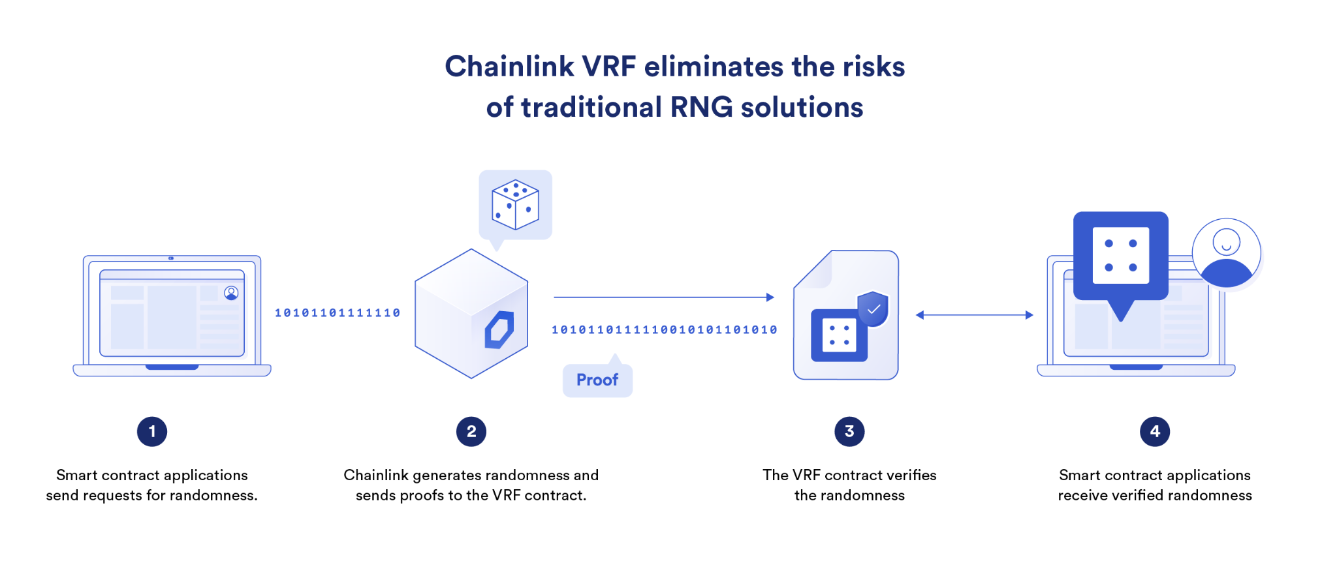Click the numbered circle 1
[152, 432]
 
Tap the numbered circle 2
[471, 432]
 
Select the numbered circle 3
[849, 432]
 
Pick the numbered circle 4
[1155, 432]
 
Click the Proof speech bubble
[597, 380]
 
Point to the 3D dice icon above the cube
[515, 205]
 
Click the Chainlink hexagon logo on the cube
[499, 329]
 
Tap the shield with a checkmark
[873, 309]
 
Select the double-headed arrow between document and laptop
[974, 315]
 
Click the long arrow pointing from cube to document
[663, 297]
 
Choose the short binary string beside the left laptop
[338, 313]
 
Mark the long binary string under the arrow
[665, 330]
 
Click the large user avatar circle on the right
[1226, 253]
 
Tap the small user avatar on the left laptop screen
[231, 293]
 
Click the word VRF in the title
[608, 67]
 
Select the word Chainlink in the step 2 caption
[376, 475]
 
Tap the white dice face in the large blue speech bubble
[1121, 255]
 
